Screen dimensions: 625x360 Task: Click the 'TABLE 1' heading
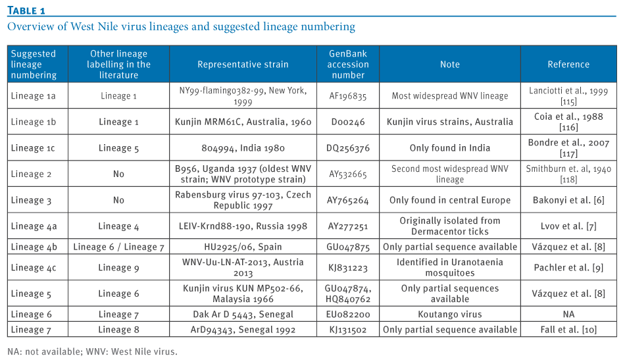[26, 11]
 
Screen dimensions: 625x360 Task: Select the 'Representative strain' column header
[243, 64]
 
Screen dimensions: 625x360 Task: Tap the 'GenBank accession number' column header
[348, 64]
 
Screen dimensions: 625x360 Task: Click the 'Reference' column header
[568, 64]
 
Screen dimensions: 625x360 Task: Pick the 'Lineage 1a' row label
[33, 96]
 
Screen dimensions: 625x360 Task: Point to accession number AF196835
[348, 96]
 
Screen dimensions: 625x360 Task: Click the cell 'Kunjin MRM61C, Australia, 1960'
[243, 122]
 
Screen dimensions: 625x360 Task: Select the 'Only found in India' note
[449, 148]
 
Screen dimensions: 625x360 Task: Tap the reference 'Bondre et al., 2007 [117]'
[568, 148]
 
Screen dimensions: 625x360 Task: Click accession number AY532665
[348, 174]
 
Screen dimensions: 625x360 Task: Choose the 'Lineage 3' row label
[31, 201]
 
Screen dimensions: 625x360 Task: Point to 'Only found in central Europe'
[449, 200]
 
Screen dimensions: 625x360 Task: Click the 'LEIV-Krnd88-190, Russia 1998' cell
[243, 226]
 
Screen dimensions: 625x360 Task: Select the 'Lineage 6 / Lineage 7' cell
[118, 247]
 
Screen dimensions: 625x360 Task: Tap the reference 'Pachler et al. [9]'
[568, 268]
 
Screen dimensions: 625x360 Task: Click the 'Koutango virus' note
[449, 315]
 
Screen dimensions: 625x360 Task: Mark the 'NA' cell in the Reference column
[568, 315]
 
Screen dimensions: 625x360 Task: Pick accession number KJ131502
[348, 330]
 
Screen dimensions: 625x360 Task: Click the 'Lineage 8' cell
[118, 330]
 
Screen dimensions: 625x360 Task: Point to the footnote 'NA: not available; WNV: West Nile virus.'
[92, 351]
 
